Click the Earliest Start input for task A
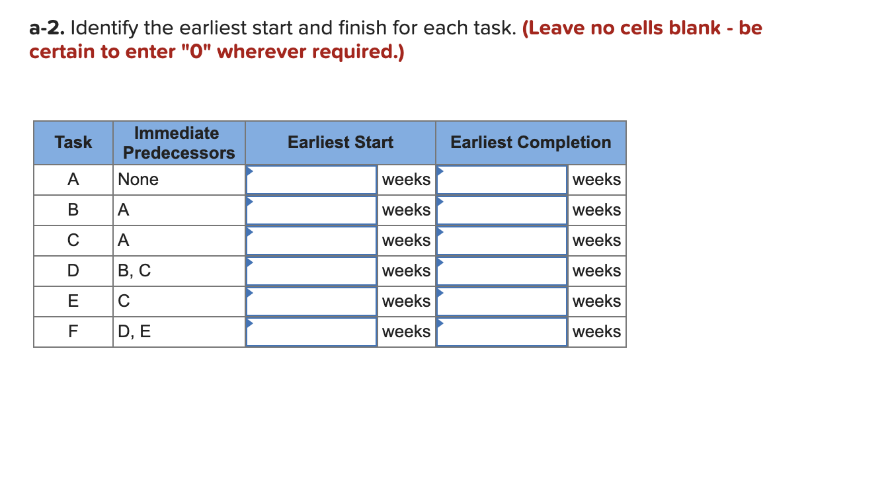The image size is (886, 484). pos(311,180)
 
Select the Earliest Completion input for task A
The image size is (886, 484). pos(502,180)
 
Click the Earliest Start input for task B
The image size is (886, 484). pos(311,210)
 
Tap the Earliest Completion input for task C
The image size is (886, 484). pos(502,241)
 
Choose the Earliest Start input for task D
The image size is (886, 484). pos(311,271)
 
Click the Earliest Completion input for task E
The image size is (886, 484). pos(502,302)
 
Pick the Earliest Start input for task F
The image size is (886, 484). pos(311,332)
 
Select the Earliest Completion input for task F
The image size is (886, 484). pos(502,332)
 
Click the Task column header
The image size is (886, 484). pos(73,142)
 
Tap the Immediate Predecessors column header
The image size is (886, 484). pos(179,143)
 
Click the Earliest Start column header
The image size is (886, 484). pos(341,142)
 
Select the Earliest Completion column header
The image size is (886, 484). pos(530,142)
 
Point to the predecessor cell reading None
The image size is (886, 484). pos(138,180)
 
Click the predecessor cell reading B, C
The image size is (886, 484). pos(134,271)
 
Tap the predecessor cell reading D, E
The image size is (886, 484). pos(134,332)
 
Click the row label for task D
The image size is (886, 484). pos(73,271)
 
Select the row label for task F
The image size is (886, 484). pos(73,332)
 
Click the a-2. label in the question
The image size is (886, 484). pos(47,28)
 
